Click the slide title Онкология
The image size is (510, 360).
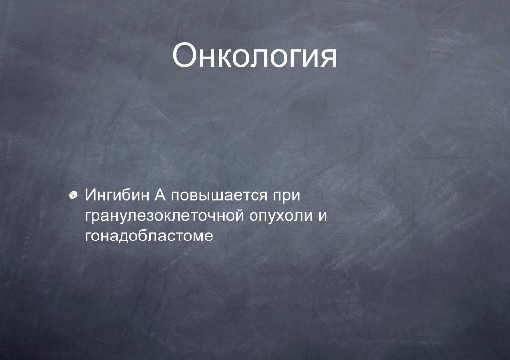pos(255,56)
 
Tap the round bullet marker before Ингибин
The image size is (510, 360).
pos(73,195)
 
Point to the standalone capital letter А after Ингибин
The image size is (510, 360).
pos(160,195)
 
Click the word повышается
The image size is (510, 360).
pos(219,196)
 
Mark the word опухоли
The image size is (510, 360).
pos(281,217)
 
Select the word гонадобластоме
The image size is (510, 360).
pos(149,236)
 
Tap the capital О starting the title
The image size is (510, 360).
pos(186,55)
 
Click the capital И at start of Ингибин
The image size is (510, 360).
pos(90,195)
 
